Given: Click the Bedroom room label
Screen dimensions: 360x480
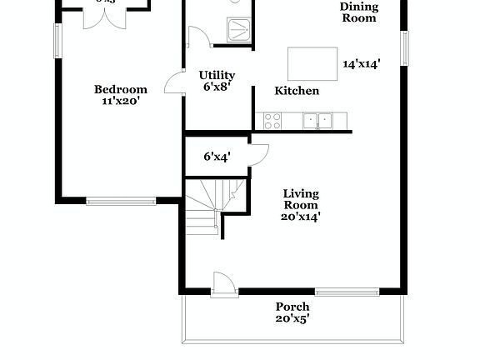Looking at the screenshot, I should tap(120, 90).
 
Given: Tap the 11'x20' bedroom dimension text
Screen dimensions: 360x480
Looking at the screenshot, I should tap(120, 102).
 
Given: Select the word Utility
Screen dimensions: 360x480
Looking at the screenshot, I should tap(217, 75).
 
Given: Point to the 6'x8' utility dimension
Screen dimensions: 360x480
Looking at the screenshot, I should tap(215, 86).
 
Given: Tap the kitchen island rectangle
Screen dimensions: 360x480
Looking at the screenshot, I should tap(310, 62).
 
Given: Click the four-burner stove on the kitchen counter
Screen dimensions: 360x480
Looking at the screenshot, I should tap(272, 121).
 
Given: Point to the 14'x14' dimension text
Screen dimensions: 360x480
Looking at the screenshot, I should tap(361, 64).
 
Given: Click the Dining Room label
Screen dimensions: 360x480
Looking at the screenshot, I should tap(358, 12).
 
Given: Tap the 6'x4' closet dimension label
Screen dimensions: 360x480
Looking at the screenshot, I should tap(217, 156).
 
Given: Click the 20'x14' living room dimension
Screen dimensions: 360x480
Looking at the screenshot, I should tap(301, 217).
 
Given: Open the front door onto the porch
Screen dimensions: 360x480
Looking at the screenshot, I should tap(223, 283).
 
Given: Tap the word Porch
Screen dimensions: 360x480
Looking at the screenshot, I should tap(292, 307).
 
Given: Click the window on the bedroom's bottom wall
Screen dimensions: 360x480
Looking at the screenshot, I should tap(121, 200).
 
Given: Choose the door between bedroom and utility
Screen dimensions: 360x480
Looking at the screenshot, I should tap(174, 81).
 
